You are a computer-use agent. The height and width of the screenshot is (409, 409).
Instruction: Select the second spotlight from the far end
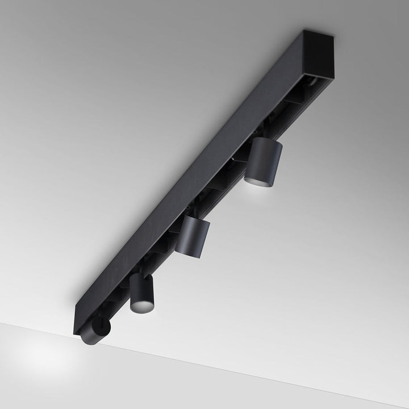tap(193, 236)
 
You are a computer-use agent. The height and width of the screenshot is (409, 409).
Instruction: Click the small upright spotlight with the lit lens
tap(141, 293)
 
